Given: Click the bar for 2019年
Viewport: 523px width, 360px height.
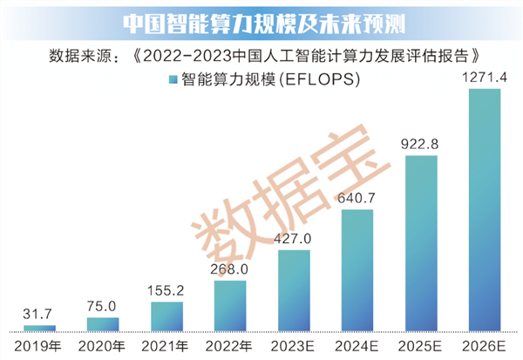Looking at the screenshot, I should [39, 328].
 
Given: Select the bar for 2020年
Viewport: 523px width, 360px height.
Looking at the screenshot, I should [102, 324].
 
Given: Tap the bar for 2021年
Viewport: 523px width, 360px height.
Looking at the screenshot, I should [166, 316].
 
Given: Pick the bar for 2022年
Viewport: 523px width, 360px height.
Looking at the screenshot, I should [230, 306].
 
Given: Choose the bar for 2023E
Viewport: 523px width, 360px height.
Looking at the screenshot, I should [294, 291].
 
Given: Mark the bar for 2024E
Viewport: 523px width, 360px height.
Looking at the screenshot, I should [357, 271].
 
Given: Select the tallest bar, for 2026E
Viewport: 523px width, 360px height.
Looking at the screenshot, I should [485, 210].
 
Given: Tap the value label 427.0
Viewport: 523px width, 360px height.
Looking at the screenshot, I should [294, 238].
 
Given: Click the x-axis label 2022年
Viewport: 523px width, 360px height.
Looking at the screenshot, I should [230, 347].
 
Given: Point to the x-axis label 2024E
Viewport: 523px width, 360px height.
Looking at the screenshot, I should [357, 347].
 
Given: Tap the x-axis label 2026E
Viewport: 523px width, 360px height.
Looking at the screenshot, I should [485, 347].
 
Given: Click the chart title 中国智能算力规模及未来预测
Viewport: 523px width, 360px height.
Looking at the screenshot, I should [261, 21].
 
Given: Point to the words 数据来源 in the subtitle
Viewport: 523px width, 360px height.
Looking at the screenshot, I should [77, 56].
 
